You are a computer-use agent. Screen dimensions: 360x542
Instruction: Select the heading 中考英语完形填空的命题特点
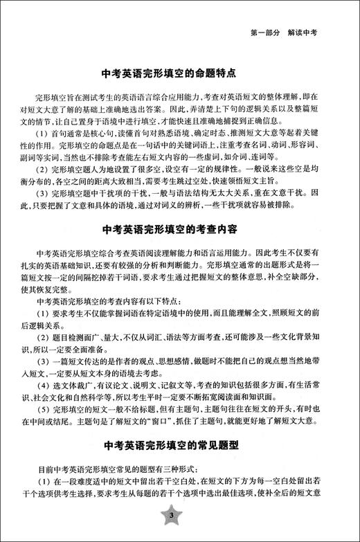[180, 71]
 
